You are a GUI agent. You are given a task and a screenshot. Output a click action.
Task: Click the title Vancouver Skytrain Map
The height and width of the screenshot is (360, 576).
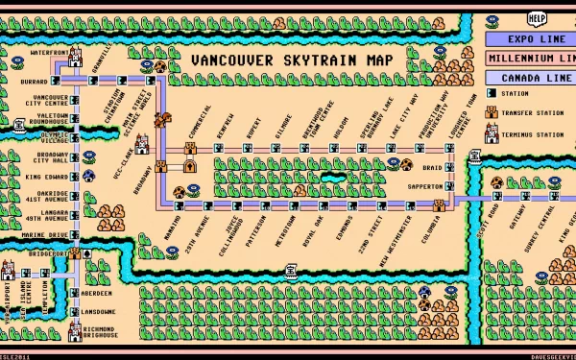click(x=292, y=60)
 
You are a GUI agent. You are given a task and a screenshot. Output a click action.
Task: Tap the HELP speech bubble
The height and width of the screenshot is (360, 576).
click(x=537, y=17)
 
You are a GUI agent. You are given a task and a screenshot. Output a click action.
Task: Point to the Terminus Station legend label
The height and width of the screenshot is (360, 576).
click(x=537, y=136)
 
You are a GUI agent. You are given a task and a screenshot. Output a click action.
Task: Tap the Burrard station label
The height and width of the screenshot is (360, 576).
click(x=35, y=83)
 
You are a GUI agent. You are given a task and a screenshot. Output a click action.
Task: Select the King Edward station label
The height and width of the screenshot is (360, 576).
click(x=46, y=178)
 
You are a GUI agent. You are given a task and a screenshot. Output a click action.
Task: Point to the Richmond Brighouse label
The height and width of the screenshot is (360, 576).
click(x=99, y=332)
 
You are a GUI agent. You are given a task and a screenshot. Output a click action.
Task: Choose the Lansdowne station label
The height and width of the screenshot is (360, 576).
click(x=99, y=312)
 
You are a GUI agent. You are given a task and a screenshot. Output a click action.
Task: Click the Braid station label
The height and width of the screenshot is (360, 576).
click(x=432, y=168)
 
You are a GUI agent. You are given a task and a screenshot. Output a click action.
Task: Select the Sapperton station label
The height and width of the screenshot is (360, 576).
click(x=423, y=186)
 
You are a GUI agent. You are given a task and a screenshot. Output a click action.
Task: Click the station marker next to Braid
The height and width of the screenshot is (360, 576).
click(x=449, y=168)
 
